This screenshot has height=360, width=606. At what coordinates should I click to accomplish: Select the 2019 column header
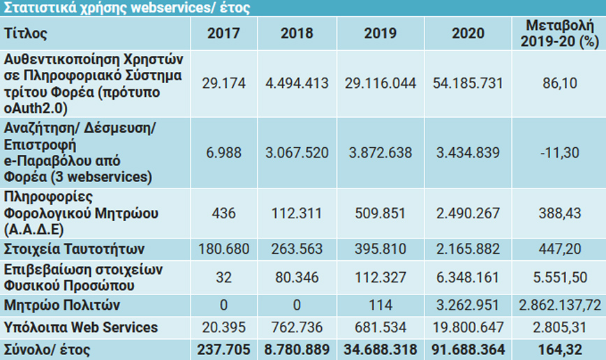click(380, 33)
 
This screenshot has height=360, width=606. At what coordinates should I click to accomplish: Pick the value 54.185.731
click(468, 83)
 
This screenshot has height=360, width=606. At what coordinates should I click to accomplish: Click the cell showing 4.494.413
click(297, 83)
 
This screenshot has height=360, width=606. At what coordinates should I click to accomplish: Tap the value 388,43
click(559, 213)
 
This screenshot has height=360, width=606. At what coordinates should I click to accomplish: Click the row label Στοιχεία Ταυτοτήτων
click(74, 249)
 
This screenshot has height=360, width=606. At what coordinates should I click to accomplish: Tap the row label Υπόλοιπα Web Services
click(81, 327)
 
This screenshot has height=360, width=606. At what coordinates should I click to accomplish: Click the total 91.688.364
click(468, 349)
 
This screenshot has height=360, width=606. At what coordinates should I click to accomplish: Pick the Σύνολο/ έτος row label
click(47, 349)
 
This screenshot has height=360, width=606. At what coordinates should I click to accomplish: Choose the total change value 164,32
click(559, 349)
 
